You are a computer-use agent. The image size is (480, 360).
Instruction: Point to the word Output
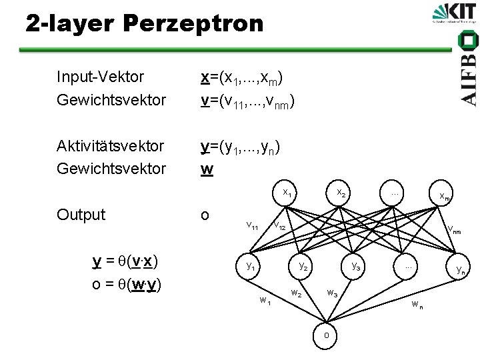tap(81, 215)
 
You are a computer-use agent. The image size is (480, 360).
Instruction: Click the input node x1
tap(287, 193)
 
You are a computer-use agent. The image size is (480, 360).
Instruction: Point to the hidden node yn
tap(460, 270)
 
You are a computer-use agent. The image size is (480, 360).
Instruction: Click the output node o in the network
tap(326, 335)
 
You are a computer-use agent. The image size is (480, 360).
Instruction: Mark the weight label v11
tap(253, 226)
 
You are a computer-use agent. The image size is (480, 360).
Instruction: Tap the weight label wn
tap(417, 305)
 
